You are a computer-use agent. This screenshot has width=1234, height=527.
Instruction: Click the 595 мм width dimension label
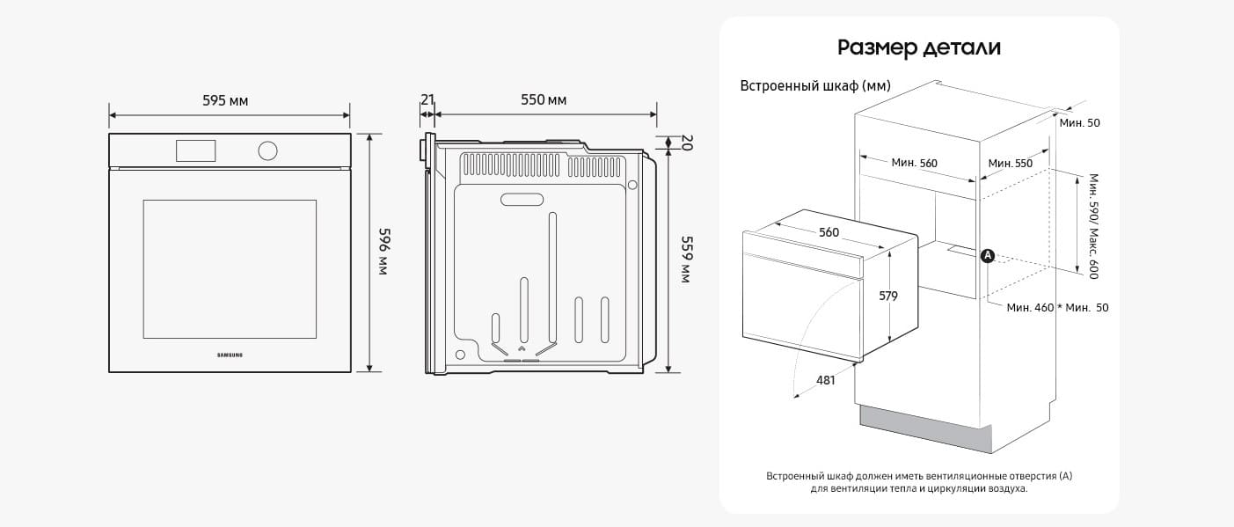click(225, 101)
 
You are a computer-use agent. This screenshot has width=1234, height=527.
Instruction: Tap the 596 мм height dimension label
click(384, 252)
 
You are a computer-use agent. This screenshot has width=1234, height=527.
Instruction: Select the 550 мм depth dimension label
click(544, 99)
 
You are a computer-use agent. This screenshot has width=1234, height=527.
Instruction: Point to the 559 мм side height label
click(686, 260)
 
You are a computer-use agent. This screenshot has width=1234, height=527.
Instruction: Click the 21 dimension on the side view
click(427, 99)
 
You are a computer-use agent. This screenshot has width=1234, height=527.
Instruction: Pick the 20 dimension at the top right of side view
click(687, 143)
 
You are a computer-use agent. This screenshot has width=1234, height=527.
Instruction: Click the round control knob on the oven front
click(267, 151)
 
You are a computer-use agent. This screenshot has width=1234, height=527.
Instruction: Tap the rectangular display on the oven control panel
click(195, 151)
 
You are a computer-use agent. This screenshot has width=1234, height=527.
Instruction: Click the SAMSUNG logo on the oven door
click(230, 355)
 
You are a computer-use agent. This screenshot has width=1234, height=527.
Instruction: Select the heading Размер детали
click(919, 48)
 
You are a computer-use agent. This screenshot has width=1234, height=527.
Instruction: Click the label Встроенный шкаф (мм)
click(815, 86)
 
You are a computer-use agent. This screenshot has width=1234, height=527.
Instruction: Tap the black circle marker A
click(988, 256)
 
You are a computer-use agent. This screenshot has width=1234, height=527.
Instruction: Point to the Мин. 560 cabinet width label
click(914, 163)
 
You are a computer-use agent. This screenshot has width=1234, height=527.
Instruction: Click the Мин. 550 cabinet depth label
click(1011, 163)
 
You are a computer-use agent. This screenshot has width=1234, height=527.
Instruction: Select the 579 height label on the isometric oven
click(888, 296)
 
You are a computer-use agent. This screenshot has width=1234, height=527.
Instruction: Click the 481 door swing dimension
click(825, 380)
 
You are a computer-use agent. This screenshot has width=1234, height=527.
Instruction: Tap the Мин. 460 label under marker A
click(1030, 308)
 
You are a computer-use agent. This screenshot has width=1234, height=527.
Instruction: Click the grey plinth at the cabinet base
click(925, 428)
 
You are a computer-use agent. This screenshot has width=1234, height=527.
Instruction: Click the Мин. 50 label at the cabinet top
click(1080, 123)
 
